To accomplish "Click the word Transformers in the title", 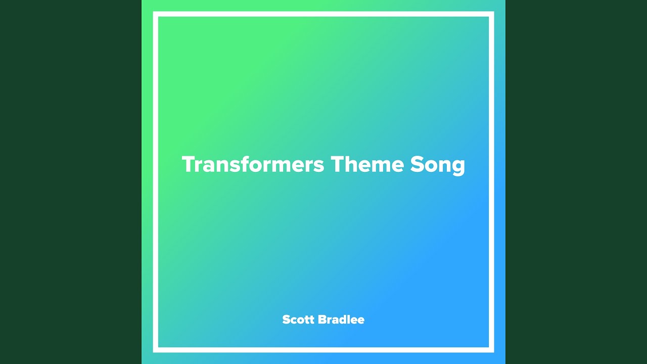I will pyautogui.click(x=252, y=164).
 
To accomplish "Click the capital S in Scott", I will pyautogui.click(x=287, y=320).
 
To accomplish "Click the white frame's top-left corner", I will pyautogui.click(x=156, y=14).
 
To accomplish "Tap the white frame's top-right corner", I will pyautogui.click(x=491, y=14).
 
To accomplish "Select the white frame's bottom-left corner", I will pyautogui.click(x=156, y=350).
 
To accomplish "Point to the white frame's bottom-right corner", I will pyautogui.click(x=491, y=350).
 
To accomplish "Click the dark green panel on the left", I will pyautogui.click(x=71, y=182).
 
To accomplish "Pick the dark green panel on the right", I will pyautogui.click(x=576, y=182).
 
